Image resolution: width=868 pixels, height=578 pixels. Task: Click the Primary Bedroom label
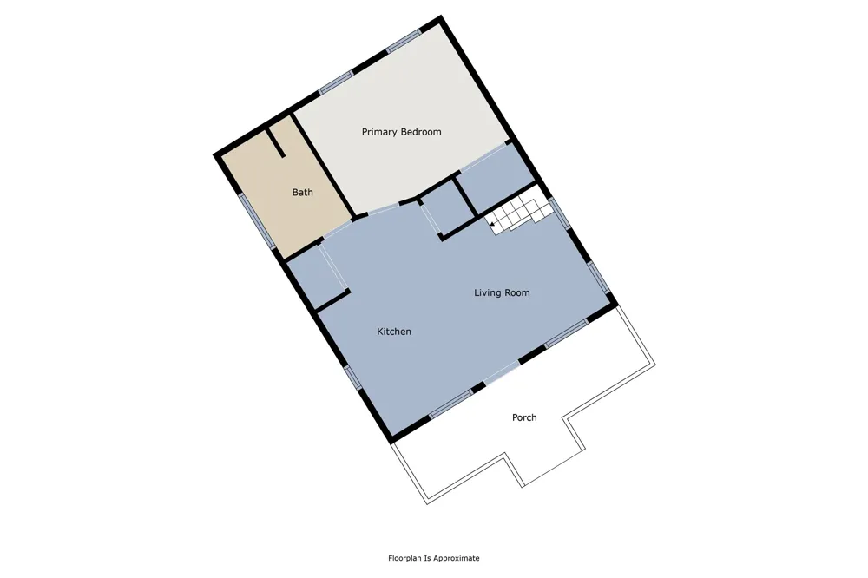[x=401, y=132]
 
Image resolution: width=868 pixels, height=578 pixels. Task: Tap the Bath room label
[x=302, y=192]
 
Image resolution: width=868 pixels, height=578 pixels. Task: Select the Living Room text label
[x=502, y=292]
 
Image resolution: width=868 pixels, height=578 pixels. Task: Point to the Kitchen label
[x=393, y=331]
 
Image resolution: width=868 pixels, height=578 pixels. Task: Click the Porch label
[x=524, y=417]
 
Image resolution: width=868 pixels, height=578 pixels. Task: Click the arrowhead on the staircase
[x=492, y=224]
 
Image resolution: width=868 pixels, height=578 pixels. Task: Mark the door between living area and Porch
[x=502, y=372]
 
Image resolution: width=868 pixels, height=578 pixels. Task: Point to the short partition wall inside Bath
[x=276, y=143]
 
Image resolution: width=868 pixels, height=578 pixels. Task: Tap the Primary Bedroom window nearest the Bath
[x=335, y=82]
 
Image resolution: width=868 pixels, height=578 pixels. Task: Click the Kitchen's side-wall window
[x=352, y=377]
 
